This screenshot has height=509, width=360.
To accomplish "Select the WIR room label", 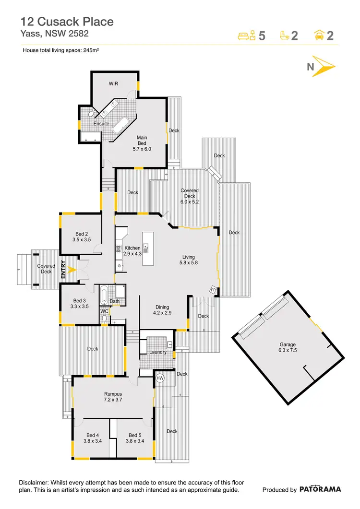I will pos(113,83).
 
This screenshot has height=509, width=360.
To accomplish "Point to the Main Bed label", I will pos(142,143).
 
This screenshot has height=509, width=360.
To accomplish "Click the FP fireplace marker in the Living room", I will pos(212,290).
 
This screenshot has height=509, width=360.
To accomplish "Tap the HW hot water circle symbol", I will pos(160,378).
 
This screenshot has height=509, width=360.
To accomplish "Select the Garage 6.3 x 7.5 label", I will pos(288,347).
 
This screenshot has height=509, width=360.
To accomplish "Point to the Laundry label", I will pos(158,352).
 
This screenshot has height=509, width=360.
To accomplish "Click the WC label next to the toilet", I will pos(104,311).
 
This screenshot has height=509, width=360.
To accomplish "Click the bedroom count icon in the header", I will pos(247,36).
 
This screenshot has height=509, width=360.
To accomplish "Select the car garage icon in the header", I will pos(318,35).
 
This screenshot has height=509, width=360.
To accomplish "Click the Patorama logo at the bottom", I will pos(321,489).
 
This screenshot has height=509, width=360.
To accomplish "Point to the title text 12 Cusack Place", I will pos(67,22).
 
